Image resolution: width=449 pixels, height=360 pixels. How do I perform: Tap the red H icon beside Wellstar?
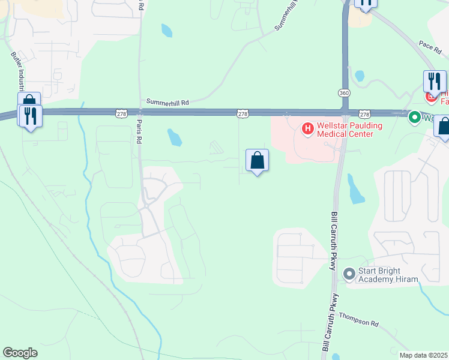click(x=307, y=128)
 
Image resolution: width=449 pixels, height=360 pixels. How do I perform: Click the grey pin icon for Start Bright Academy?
click(x=349, y=274)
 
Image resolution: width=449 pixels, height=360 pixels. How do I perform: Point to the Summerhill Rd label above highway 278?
click(x=167, y=103)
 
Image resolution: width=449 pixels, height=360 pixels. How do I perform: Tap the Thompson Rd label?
click(x=359, y=319)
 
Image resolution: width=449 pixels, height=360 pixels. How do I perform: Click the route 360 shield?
click(x=343, y=94)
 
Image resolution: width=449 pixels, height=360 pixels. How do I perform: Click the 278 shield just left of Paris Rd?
click(x=122, y=113)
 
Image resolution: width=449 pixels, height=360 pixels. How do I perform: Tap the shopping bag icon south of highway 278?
click(x=257, y=160)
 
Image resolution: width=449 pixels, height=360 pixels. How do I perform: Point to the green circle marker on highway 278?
click(x=414, y=117)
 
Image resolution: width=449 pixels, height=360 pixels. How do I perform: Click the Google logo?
click(x=20, y=353)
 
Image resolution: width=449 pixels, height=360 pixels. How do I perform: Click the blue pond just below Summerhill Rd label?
click(x=175, y=137)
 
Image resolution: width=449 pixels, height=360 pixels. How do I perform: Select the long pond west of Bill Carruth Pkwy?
click(x=355, y=189)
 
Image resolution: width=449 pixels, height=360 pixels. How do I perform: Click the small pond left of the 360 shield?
click(x=360, y=76)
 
